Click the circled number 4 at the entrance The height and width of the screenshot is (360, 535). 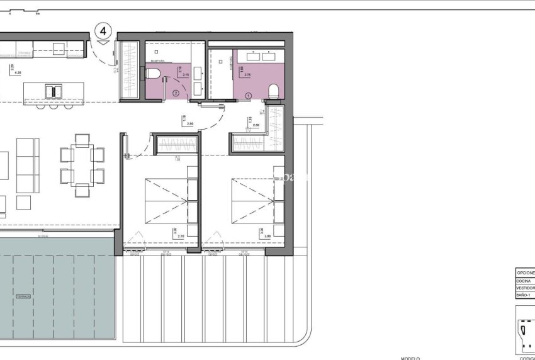pos(103,30)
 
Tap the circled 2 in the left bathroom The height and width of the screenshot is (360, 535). pos(176,94)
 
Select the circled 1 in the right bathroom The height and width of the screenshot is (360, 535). pos(248,96)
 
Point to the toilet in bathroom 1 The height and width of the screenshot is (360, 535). pos(273,92)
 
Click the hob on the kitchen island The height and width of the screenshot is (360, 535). pos(54,91)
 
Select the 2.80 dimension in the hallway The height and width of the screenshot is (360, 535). pos(190,123)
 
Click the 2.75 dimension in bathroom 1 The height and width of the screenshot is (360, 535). pos(247,75)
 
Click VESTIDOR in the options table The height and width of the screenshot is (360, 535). pos(525,288)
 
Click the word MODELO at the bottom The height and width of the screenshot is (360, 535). pos(410,357)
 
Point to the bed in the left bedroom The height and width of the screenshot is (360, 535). pos(166,200)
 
